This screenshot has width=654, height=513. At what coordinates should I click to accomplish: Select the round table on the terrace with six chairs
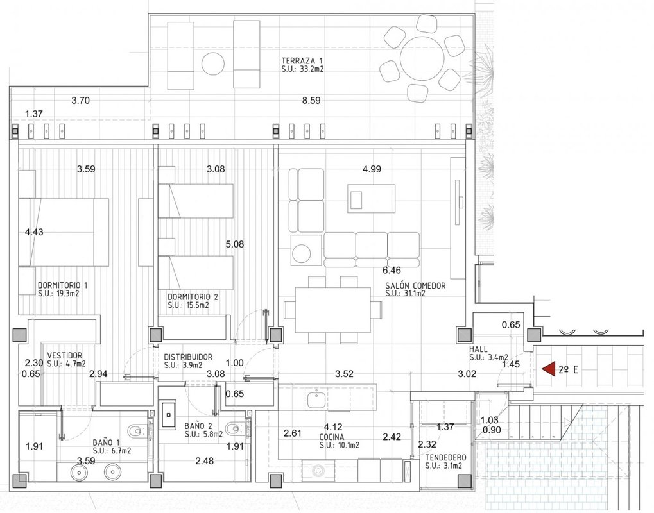422,59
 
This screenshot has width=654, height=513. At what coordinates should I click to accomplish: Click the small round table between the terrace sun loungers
212,63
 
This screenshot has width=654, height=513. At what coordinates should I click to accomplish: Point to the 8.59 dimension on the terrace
311,101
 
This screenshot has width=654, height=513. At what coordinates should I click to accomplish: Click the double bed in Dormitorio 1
64,232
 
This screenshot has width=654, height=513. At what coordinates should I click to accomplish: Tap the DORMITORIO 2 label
193,297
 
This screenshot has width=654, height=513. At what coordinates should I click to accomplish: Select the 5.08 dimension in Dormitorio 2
235,244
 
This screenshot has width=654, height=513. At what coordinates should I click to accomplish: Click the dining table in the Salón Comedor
333,310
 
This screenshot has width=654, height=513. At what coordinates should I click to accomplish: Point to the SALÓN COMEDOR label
415,286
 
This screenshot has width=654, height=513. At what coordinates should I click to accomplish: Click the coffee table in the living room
371,198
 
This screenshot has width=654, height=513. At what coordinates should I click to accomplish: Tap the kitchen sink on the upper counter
316,400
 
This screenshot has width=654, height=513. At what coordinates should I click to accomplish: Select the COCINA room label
332,437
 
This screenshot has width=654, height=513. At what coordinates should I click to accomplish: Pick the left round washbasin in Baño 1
78,472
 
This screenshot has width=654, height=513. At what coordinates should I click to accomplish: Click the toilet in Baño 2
236,428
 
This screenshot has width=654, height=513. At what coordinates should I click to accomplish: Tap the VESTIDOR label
65,355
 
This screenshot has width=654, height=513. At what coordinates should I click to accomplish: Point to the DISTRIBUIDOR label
188,357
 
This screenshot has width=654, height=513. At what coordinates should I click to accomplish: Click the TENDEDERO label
446,458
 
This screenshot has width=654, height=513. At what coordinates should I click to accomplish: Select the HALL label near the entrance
478,349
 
